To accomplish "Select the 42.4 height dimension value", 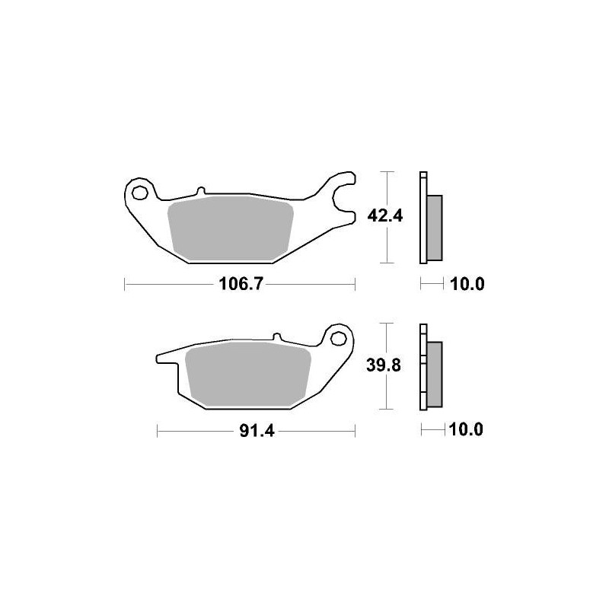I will click(x=384, y=215).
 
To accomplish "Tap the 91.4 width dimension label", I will click(x=257, y=431).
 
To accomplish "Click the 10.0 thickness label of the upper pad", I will click(x=467, y=285).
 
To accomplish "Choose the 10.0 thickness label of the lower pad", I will click(x=467, y=431).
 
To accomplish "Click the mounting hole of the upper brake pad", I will click(x=139, y=193).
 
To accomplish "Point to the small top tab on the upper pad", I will click(x=200, y=192).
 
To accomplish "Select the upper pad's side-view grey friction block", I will click(x=434, y=226).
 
